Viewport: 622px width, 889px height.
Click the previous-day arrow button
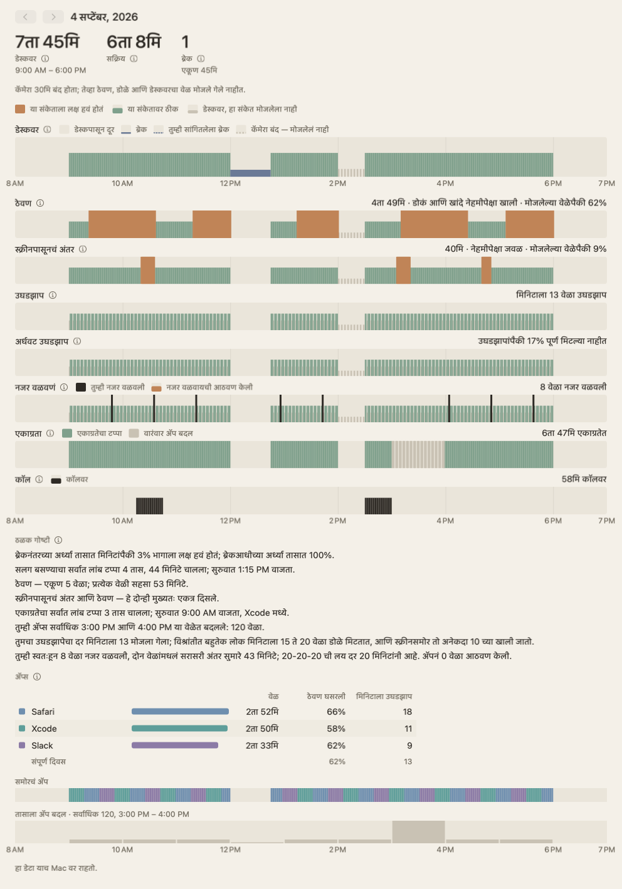tap(26, 17)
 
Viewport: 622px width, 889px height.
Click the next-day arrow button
tap(53, 17)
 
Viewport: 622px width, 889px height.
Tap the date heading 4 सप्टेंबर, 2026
tap(104, 17)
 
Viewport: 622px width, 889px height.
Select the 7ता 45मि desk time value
tap(47, 42)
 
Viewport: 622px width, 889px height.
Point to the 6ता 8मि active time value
tap(134, 42)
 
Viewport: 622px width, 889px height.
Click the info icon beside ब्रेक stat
tap(201, 59)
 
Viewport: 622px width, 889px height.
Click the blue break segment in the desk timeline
tap(250, 173)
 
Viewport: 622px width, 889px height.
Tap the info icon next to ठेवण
tap(40, 203)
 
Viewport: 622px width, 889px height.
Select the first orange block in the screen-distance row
tap(148, 270)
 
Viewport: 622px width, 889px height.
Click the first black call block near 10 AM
tap(149, 506)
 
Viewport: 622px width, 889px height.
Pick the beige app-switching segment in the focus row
tap(418, 454)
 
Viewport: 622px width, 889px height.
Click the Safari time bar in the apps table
tap(180, 712)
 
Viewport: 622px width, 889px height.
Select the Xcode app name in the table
tap(44, 729)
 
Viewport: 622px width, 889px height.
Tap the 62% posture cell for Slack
tap(336, 746)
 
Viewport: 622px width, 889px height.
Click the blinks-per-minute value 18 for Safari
tap(407, 712)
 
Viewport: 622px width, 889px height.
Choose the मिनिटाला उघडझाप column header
tap(384, 697)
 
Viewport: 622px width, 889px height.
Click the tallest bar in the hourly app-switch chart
tap(418, 832)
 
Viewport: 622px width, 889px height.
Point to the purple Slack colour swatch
tap(22, 746)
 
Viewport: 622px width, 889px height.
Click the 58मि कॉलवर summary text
tap(584, 479)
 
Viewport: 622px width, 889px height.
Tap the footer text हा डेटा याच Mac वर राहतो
tap(56, 868)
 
